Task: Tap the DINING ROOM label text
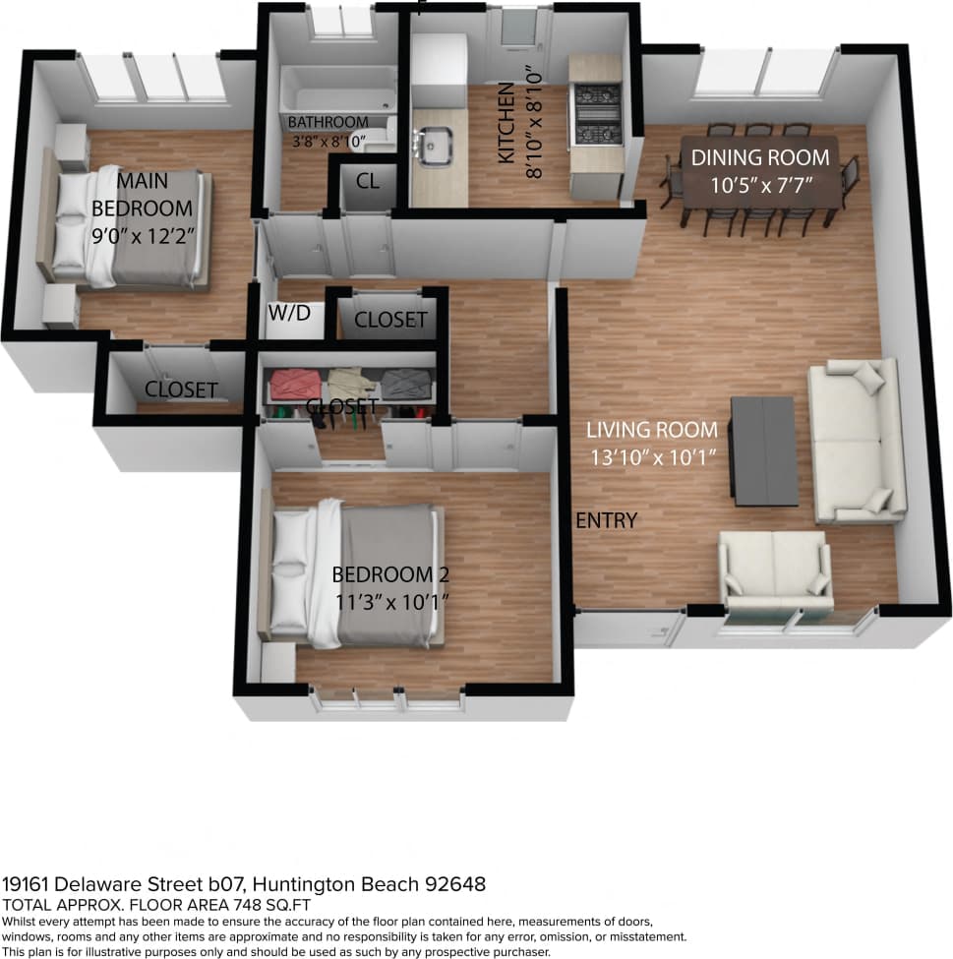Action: click(x=760, y=157)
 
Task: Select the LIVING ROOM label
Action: click(x=652, y=429)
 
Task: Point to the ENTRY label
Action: click(x=606, y=520)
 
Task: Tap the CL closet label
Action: click(x=368, y=181)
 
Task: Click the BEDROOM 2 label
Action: click(x=383, y=574)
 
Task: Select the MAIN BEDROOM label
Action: click(x=143, y=195)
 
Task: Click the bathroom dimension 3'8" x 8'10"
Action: click(x=328, y=140)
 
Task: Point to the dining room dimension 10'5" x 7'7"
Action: click(x=760, y=184)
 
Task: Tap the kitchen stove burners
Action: click(x=597, y=113)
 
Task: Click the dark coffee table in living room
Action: click(x=763, y=450)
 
